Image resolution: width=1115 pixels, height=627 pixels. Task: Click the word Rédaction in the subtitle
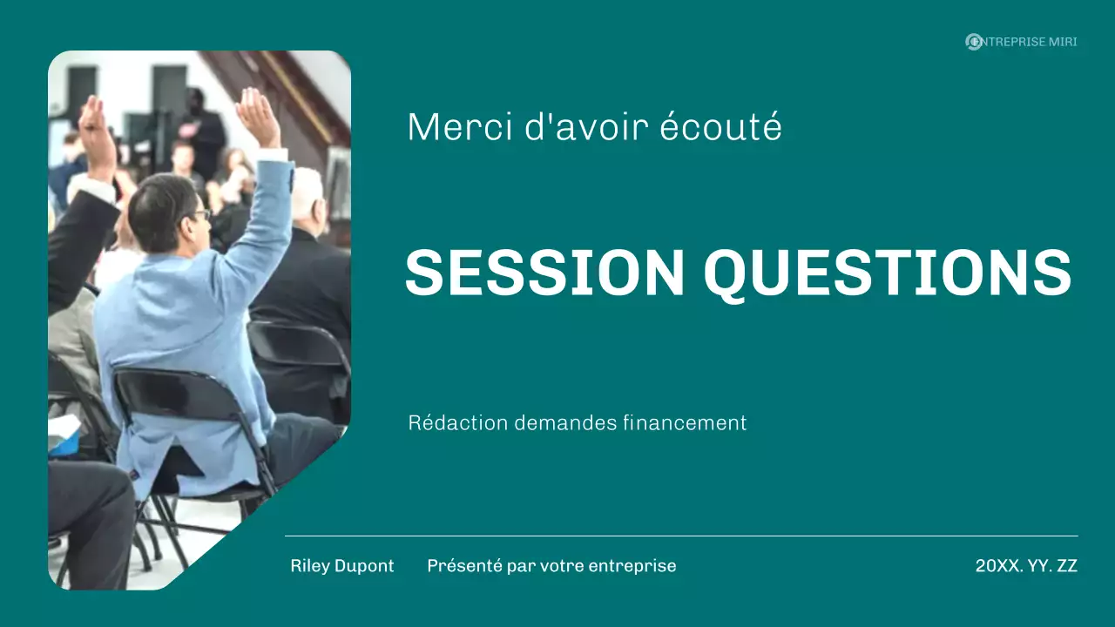tap(458, 423)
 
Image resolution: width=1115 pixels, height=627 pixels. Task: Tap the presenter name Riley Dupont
tap(342, 566)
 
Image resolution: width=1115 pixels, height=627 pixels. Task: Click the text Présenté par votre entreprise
tap(551, 566)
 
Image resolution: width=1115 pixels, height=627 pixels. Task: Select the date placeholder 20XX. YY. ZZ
tap(1026, 566)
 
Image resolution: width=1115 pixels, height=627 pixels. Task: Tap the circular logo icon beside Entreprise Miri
tap(974, 42)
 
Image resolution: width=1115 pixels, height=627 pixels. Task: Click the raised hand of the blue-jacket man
tap(258, 115)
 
